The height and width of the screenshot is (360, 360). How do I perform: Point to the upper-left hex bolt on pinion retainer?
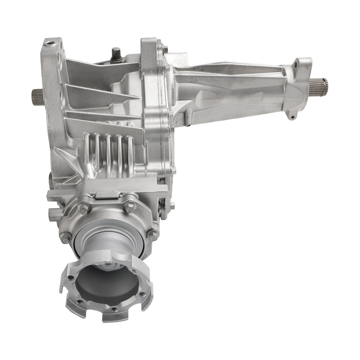pos(83,208)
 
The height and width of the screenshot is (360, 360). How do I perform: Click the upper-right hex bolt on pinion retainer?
pos(130,207)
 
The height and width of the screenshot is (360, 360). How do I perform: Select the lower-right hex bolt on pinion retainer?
pos(152,235)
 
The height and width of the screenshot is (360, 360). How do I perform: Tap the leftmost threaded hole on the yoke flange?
pos(71,278)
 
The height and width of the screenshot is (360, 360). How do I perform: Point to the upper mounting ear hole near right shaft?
pos(295,65)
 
